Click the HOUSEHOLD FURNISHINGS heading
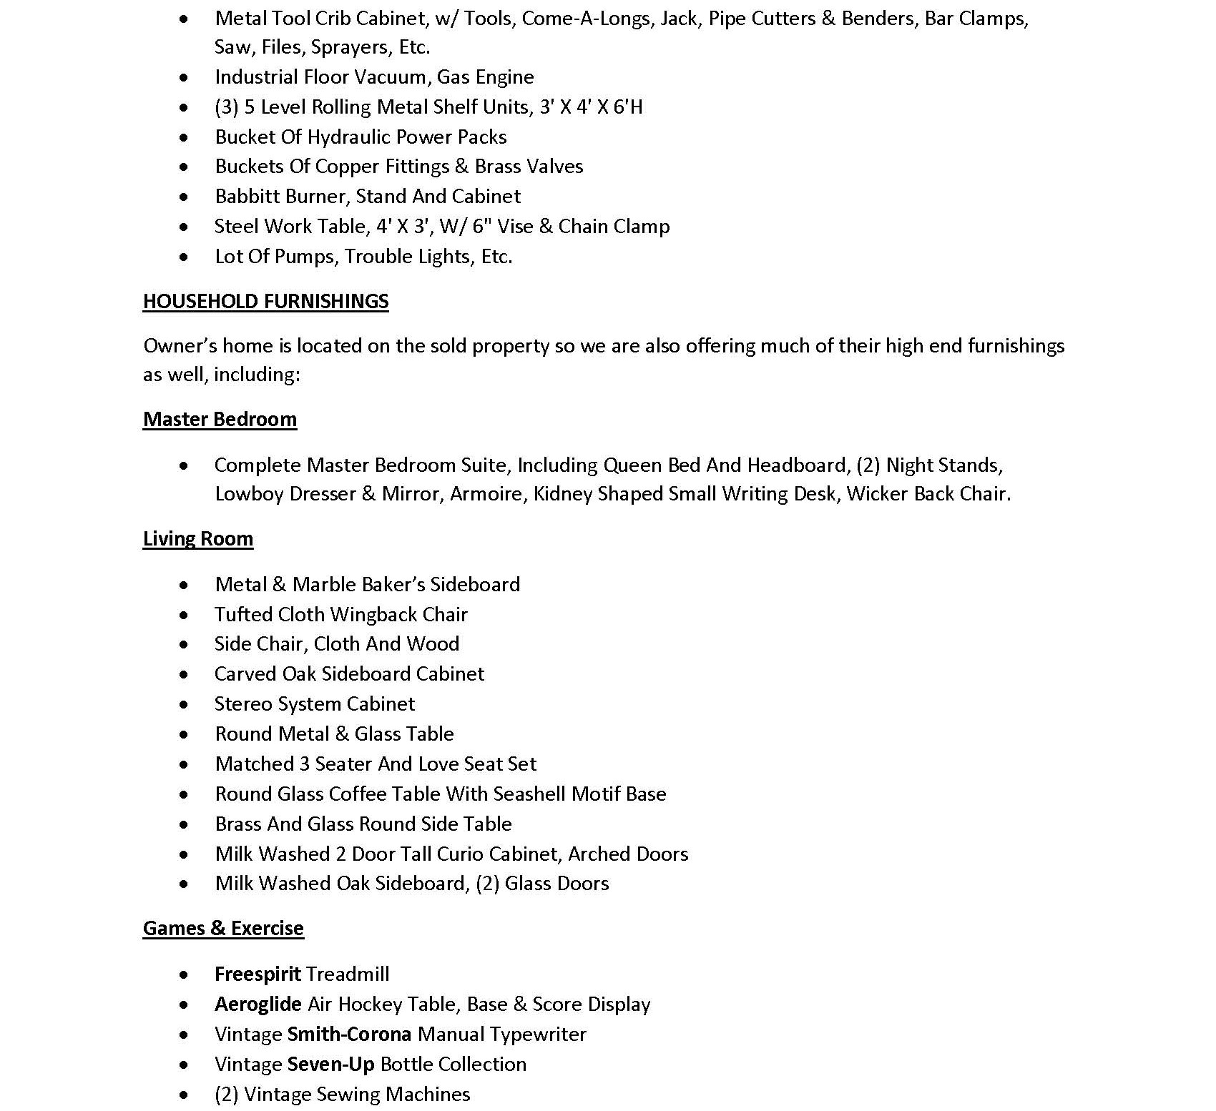coord(265,301)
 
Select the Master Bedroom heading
coord(220,419)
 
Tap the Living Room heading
coord(198,538)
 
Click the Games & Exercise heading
coord(223,928)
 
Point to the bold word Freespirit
coord(258,974)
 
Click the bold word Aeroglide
coord(258,1004)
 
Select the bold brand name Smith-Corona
coord(349,1034)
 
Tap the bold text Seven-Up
coord(330,1064)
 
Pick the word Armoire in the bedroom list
coord(486,494)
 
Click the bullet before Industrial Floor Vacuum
coord(185,77)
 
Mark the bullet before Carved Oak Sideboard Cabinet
coord(185,674)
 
